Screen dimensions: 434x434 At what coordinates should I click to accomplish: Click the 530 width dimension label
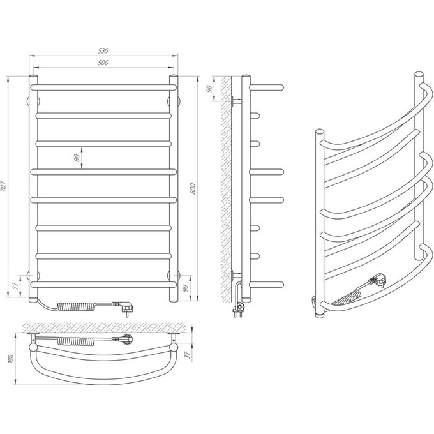pos(103,50)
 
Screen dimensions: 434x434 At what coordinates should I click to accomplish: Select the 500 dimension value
pos(103,63)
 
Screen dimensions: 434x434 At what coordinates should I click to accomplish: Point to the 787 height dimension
pos(3,186)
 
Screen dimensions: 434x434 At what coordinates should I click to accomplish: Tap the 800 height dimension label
pos(193,188)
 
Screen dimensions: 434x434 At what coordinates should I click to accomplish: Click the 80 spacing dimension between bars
pos(77,158)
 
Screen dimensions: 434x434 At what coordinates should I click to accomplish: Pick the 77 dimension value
pos(16,286)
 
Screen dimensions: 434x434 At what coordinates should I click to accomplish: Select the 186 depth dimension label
pos(11,358)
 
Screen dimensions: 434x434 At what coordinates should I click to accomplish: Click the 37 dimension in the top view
pos(188,355)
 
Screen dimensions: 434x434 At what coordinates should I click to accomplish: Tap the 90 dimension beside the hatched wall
pos(209,89)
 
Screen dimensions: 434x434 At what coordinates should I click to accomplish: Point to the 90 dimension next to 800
pos(186,288)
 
